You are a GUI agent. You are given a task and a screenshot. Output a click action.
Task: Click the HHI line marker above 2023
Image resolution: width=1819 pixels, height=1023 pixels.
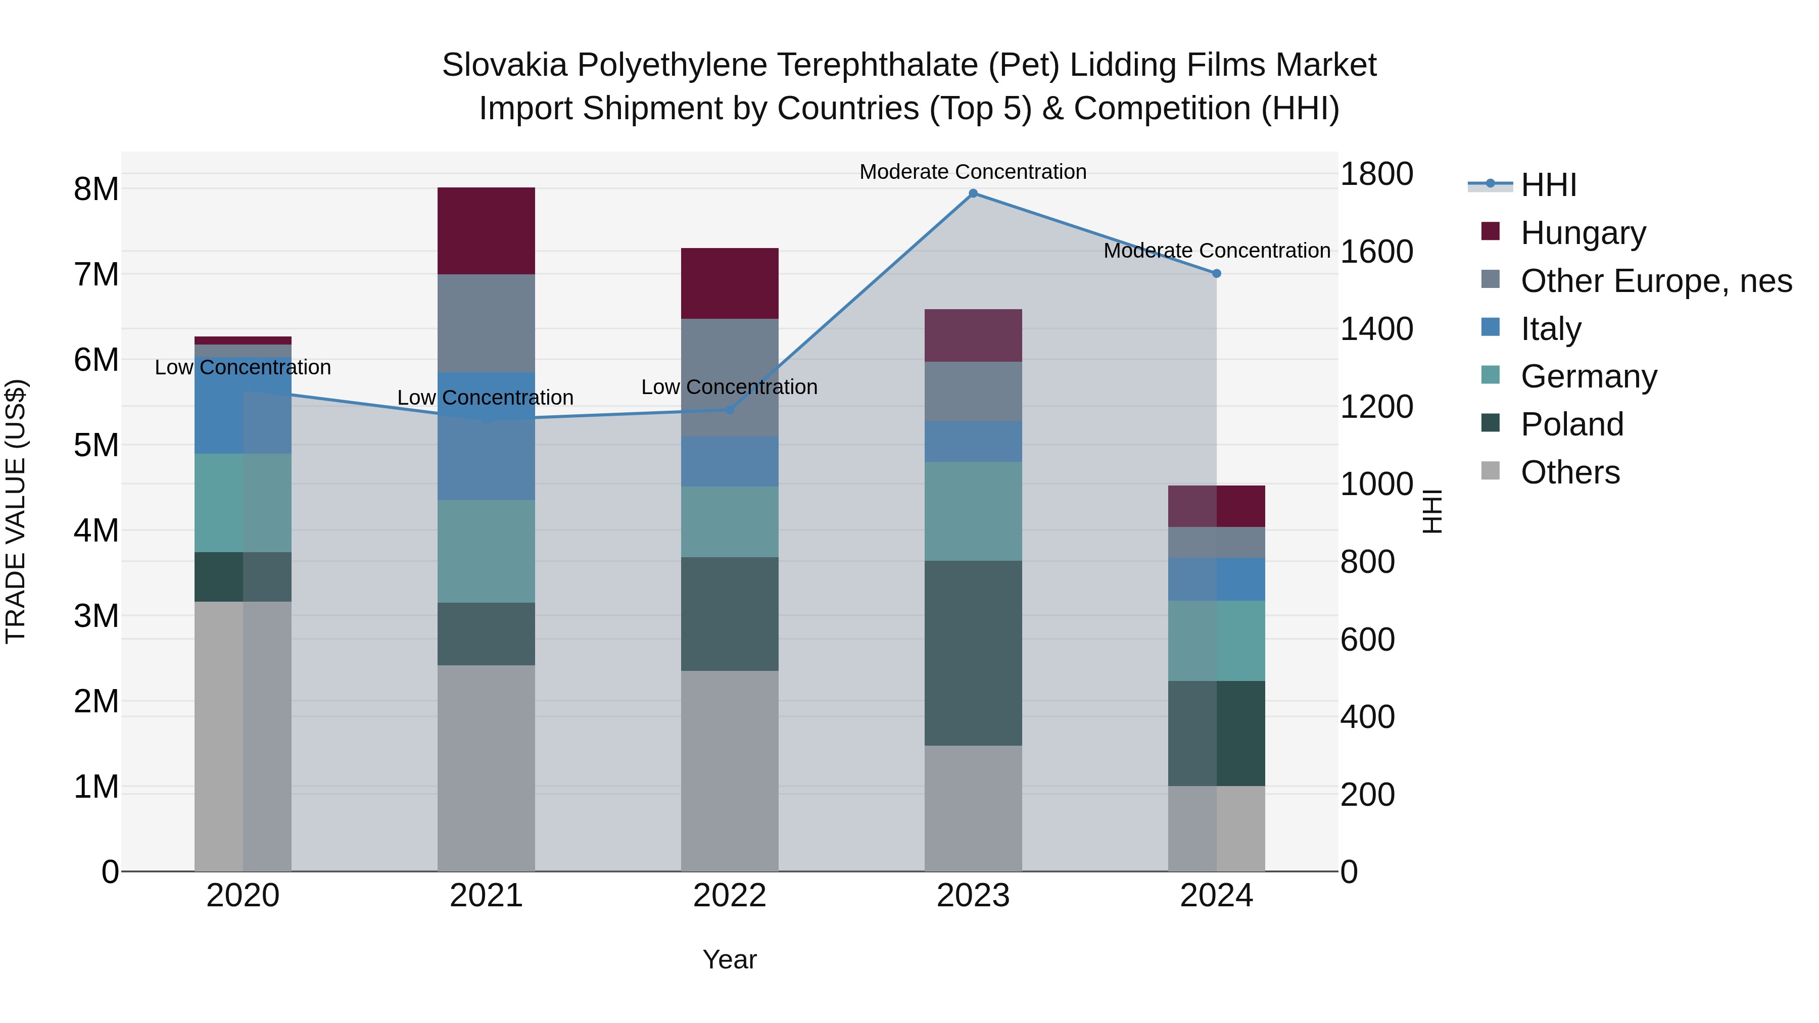tap(973, 193)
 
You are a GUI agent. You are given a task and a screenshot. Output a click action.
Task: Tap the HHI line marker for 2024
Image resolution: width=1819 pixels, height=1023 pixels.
tap(1217, 273)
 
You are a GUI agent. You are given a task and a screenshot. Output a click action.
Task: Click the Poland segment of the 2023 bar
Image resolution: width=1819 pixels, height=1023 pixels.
tap(973, 653)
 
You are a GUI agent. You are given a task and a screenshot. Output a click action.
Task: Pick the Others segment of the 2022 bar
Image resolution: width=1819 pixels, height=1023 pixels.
tap(730, 771)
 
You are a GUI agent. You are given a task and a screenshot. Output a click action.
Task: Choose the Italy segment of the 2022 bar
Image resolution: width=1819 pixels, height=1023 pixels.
tap(730, 462)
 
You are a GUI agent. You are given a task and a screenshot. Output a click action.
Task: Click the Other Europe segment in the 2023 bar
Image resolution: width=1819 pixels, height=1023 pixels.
tap(973, 392)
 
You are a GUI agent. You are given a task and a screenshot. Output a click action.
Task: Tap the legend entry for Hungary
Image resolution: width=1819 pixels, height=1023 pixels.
tap(1583, 233)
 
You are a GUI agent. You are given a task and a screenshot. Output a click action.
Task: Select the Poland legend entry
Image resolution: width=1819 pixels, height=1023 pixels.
tap(1572, 424)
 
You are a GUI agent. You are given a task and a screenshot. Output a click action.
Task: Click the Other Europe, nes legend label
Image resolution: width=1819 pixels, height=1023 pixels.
tap(1656, 281)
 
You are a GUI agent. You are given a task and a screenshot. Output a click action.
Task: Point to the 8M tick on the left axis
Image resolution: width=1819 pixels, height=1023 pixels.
tap(97, 189)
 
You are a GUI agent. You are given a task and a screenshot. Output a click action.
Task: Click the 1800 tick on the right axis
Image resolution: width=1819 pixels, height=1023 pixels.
tap(1376, 174)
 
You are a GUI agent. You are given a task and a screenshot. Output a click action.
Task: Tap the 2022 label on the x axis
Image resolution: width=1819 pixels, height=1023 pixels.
tap(730, 896)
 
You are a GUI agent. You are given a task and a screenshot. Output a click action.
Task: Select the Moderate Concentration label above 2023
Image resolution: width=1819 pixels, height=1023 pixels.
tap(973, 172)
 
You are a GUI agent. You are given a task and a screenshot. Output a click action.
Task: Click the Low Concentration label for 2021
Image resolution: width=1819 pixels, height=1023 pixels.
tap(486, 398)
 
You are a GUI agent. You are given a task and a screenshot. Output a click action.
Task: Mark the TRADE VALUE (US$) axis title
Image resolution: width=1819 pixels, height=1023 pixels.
tap(16, 511)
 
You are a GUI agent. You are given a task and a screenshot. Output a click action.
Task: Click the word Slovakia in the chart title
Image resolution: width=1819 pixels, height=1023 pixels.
tap(504, 65)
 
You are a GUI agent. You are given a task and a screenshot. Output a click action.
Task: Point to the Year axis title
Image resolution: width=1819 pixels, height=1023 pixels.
tap(730, 959)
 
